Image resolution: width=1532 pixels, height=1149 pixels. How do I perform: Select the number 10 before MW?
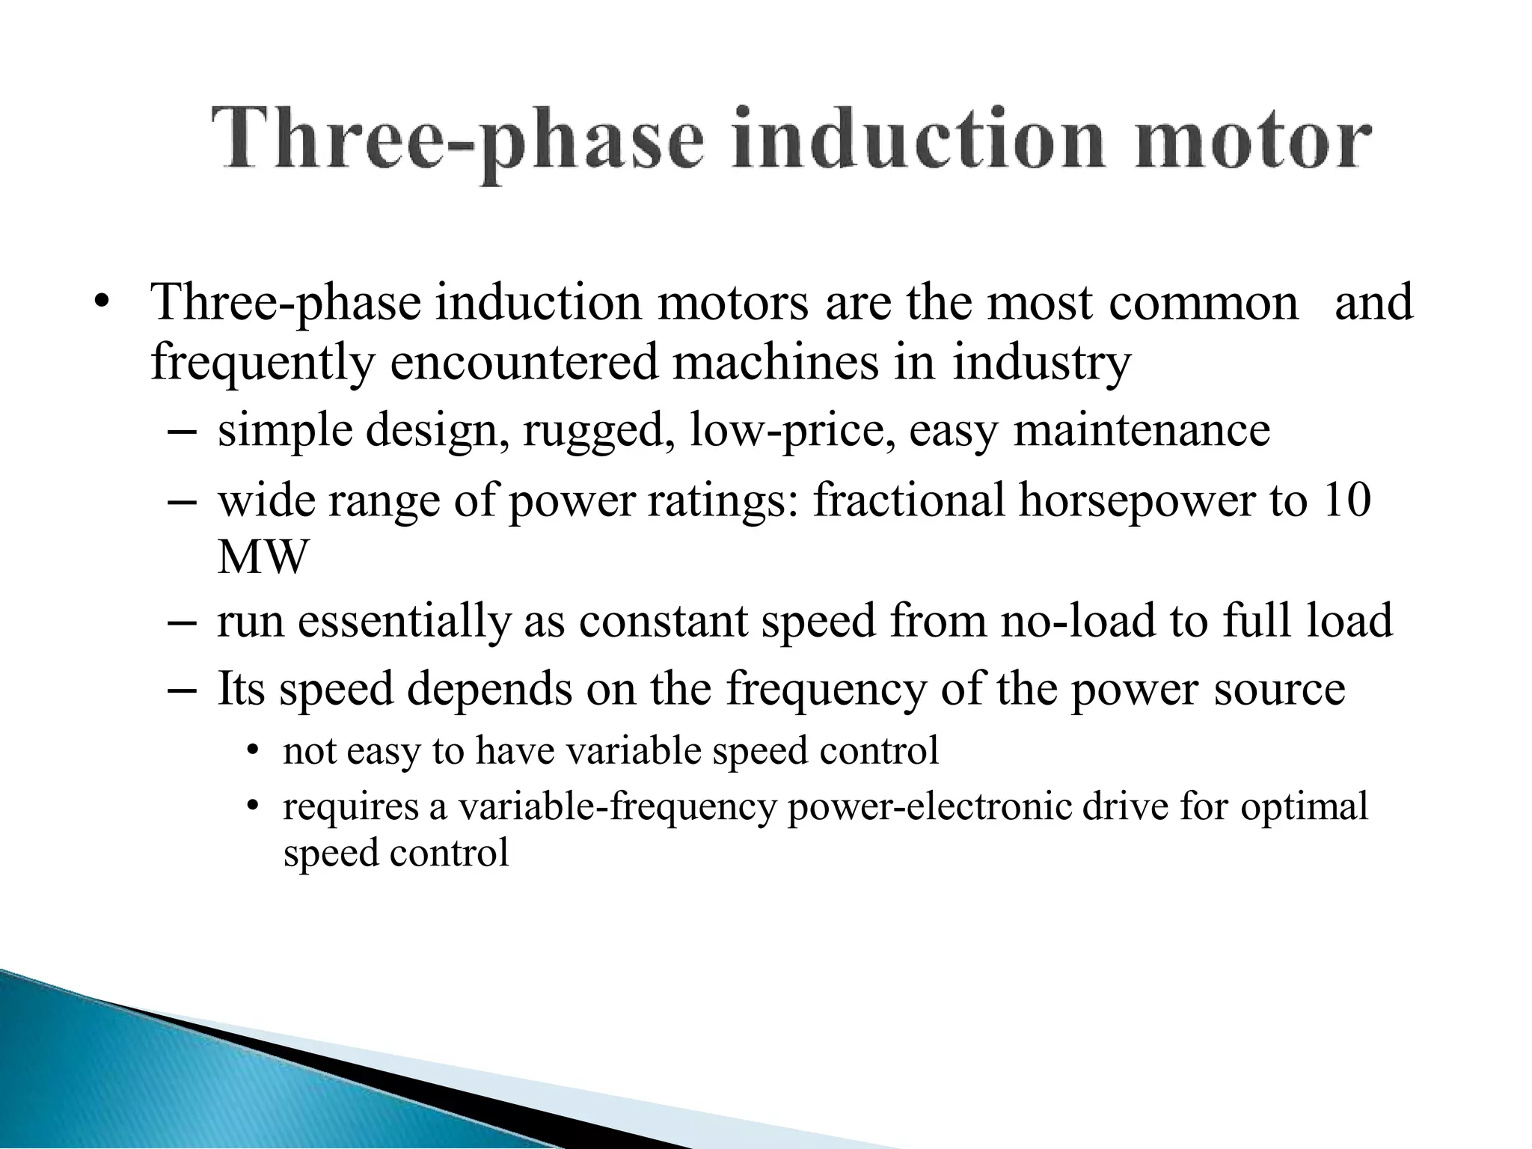(1346, 500)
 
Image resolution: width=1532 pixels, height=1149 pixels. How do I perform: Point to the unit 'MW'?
(263, 557)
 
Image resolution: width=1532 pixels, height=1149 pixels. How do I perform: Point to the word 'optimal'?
(1305, 807)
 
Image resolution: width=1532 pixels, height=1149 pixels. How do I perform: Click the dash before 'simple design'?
(183, 432)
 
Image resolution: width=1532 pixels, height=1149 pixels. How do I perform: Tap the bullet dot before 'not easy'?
(252, 750)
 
